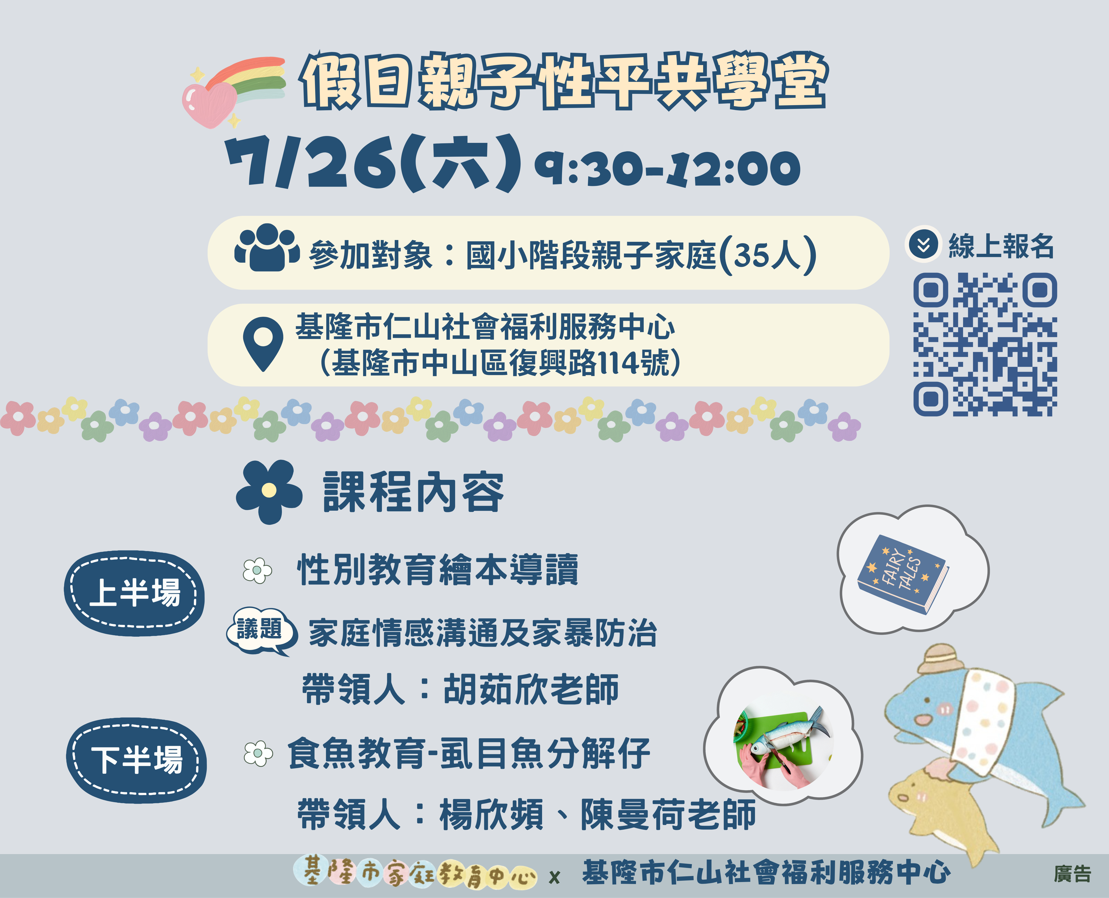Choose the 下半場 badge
pyautogui.click(x=136, y=760)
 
